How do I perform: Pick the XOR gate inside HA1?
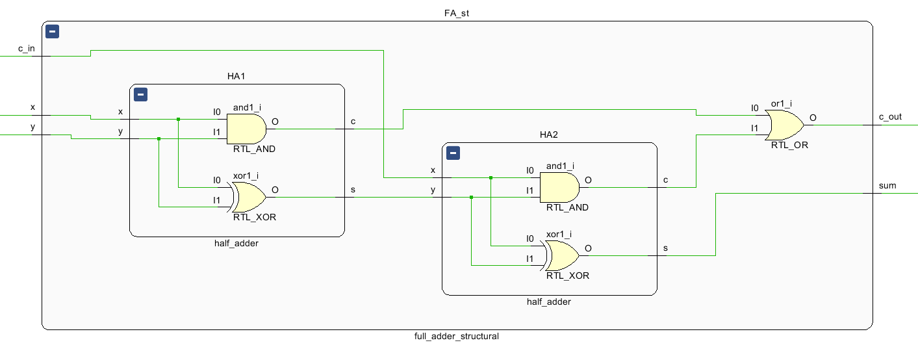(x=248, y=197)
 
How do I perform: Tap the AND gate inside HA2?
(x=559, y=187)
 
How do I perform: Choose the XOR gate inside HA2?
(x=561, y=255)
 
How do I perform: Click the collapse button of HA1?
(x=140, y=95)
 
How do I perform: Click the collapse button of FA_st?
(x=52, y=31)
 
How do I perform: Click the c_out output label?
(x=890, y=117)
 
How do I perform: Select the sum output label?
(x=887, y=186)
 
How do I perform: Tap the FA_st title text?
(x=456, y=13)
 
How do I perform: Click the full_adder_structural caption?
(x=456, y=337)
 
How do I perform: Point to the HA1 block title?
(x=236, y=76)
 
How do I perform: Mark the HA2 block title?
(x=549, y=135)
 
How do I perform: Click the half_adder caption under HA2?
(x=549, y=302)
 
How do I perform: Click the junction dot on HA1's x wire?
(x=178, y=119)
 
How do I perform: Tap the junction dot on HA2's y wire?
(x=471, y=197)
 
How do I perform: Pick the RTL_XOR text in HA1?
(x=255, y=217)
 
